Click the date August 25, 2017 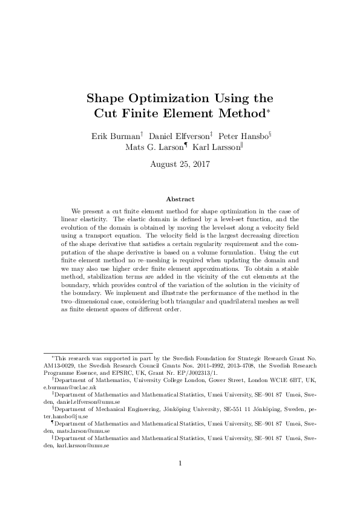180,163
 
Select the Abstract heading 180,199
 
